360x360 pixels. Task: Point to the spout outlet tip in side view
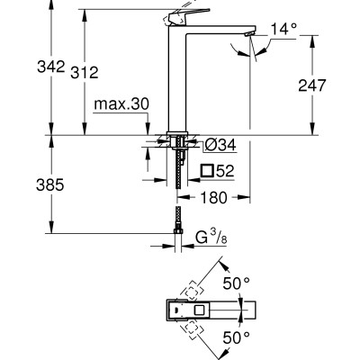click(253, 35)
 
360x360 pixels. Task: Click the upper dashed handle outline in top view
click(194, 292)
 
